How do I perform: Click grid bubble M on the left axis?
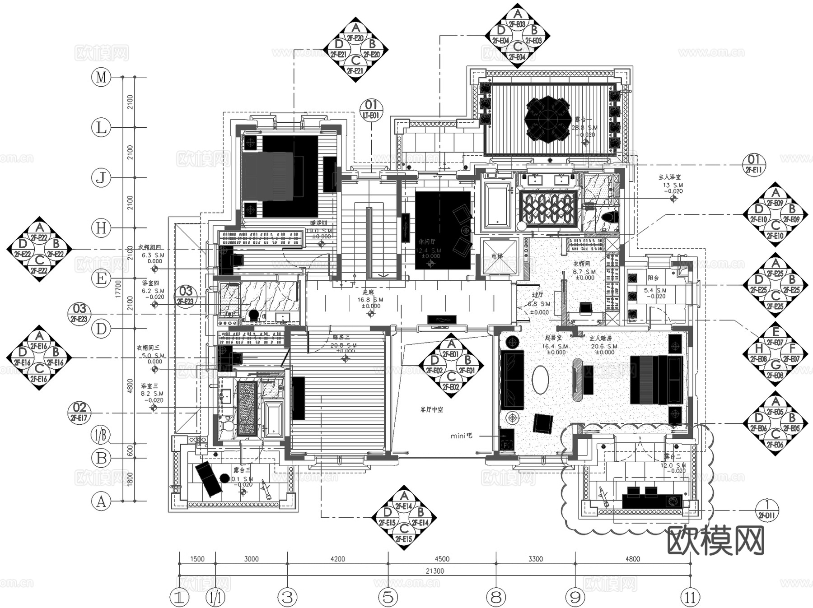click(101, 77)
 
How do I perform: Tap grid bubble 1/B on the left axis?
click(101, 436)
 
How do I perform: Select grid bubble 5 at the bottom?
click(388, 598)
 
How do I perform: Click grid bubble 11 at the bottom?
click(690, 598)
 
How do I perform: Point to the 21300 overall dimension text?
click(435, 571)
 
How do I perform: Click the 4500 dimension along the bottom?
click(442, 559)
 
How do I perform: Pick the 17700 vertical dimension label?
click(118, 289)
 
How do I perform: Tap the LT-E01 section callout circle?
click(371, 110)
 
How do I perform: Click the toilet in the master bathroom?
click(611, 217)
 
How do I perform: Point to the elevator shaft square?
click(499, 256)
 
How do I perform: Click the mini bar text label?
click(461, 436)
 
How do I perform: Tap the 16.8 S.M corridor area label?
click(370, 300)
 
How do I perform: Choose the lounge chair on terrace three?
click(208, 478)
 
